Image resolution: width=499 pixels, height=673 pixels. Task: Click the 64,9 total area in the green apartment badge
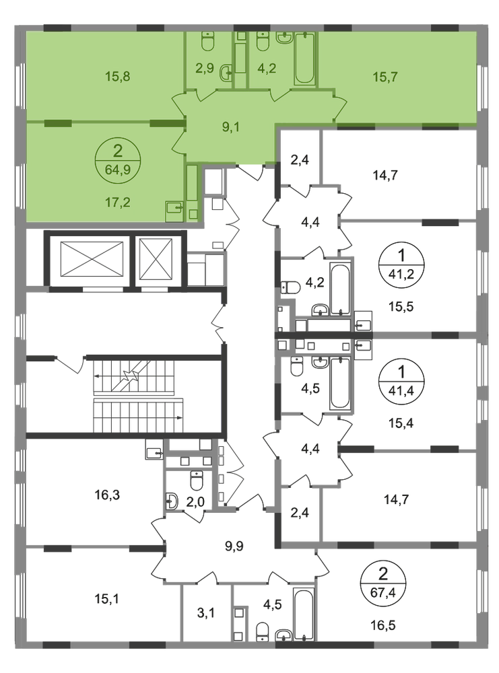coord(117,170)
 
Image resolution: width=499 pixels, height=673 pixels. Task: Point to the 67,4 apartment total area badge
coord(383,583)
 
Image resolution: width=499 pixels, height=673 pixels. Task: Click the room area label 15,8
coord(118,77)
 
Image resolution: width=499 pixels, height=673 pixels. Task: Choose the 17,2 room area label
coord(118,202)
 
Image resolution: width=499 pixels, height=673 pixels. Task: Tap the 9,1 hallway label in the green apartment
coord(230,127)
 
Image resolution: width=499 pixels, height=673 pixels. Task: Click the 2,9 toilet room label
coord(205,68)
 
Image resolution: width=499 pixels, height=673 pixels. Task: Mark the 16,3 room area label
coord(107,495)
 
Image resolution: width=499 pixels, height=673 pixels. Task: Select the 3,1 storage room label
coord(205,613)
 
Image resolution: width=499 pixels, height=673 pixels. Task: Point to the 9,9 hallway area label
coord(234,546)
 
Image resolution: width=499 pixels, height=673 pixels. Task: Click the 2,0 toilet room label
coord(195,502)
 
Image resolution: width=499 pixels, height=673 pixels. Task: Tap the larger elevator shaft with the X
coord(92,259)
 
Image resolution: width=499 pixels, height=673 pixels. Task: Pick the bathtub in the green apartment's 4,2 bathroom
coord(305,59)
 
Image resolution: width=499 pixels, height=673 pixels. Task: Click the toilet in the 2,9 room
coord(208,41)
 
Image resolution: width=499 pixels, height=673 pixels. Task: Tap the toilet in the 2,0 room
coord(196,481)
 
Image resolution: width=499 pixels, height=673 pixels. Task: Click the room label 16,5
coord(383,625)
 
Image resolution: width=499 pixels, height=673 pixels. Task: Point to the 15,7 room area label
coord(385,77)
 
